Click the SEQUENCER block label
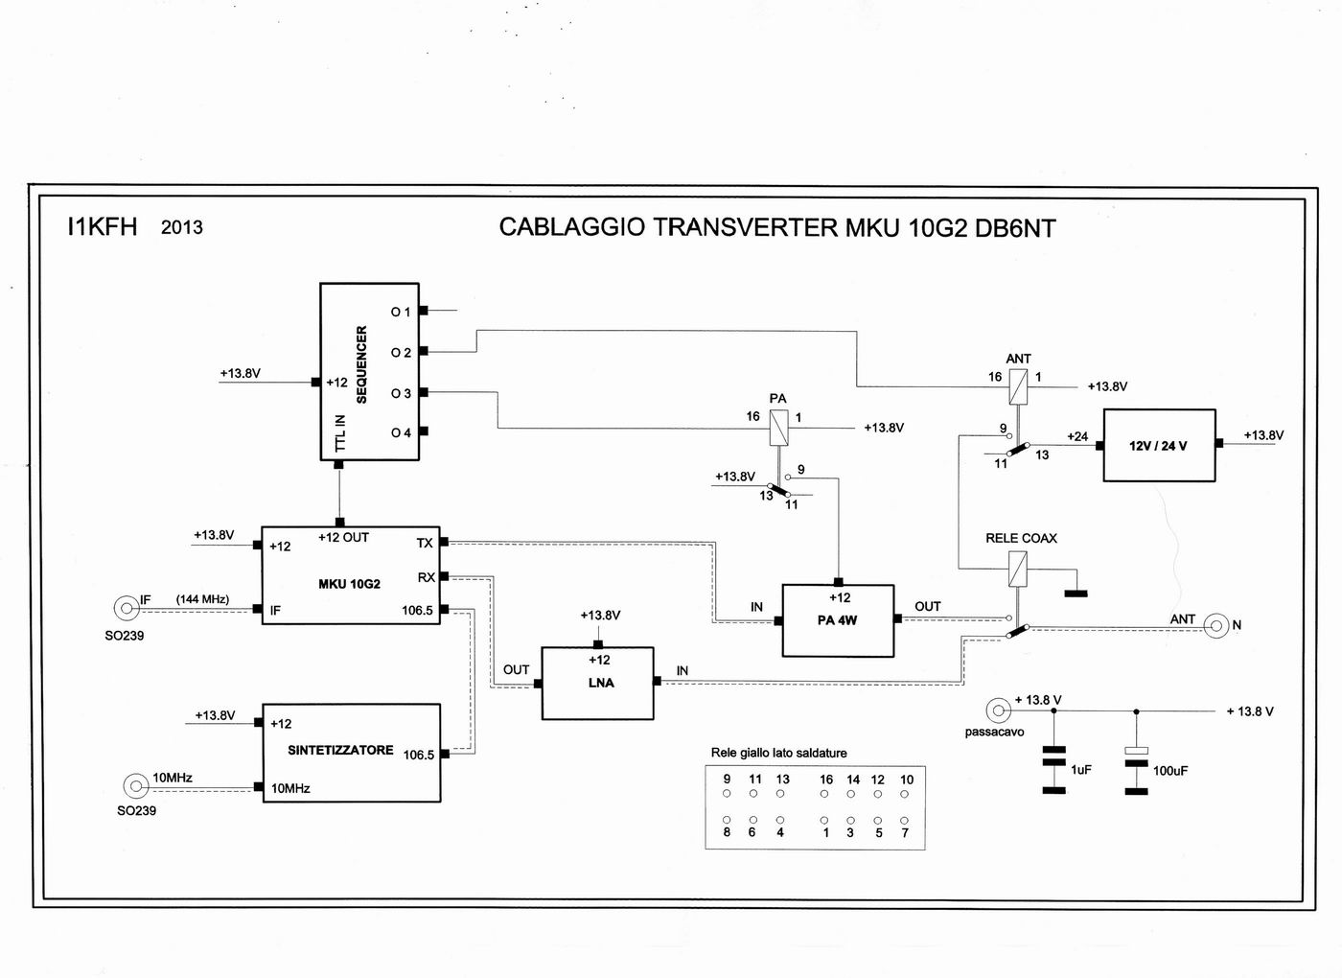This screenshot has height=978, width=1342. pos(361,364)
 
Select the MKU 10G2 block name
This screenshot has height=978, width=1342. pos(349,584)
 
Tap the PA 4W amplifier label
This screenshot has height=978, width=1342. pos(837,620)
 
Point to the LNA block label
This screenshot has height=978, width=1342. pos(601,683)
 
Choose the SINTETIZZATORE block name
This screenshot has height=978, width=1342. pos(340,750)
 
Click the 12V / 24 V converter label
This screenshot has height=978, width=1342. pos(1158,446)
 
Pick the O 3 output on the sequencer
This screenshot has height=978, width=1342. pos(401,393)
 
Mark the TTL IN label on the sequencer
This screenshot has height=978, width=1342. pos(339,433)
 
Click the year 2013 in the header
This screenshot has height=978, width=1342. pos(182,227)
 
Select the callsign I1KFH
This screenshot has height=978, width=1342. pos(102,226)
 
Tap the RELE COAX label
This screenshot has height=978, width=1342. pos(1021,538)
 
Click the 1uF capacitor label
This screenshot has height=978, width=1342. pos(1081,769)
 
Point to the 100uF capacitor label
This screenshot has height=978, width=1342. pos(1170,771)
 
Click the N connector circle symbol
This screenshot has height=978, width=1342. pos(1215,626)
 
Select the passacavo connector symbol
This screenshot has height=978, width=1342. pos(999,710)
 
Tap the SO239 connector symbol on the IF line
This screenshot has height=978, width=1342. pos(126,608)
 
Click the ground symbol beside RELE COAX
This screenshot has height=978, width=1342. pos(1076,594)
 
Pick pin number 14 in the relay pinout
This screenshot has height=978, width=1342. pos(852,780)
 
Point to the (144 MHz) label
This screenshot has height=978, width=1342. pos(202,599)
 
